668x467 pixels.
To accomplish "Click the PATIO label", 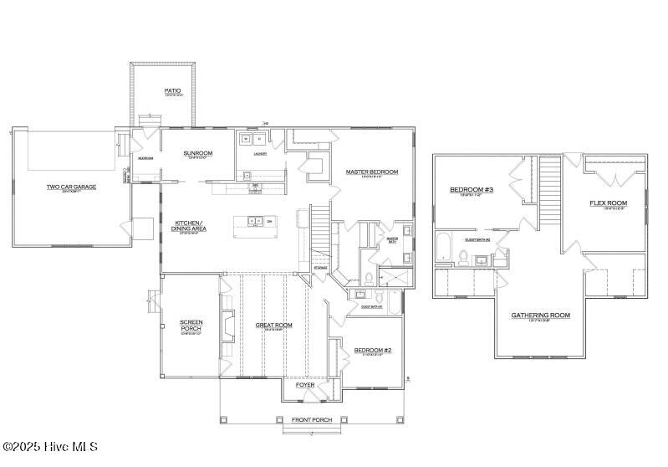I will coord(172,90).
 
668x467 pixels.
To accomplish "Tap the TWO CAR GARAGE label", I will coord(71,187).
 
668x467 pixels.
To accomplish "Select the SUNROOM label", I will coord(198,153).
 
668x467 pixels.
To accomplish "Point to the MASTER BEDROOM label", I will coord(372,172).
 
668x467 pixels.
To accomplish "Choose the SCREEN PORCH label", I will coord(191,325).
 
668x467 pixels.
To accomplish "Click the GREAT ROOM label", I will coord(273,325).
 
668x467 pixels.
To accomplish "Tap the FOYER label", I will coord(304,385).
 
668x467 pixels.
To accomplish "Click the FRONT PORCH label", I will coord(311,419).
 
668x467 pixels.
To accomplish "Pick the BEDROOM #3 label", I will coord(472,190).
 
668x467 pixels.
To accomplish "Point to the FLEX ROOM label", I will coord(608,203).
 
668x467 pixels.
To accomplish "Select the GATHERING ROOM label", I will coord(540,315).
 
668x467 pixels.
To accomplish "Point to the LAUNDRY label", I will coord(260,154).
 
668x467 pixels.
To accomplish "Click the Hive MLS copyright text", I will coord(50,447).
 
